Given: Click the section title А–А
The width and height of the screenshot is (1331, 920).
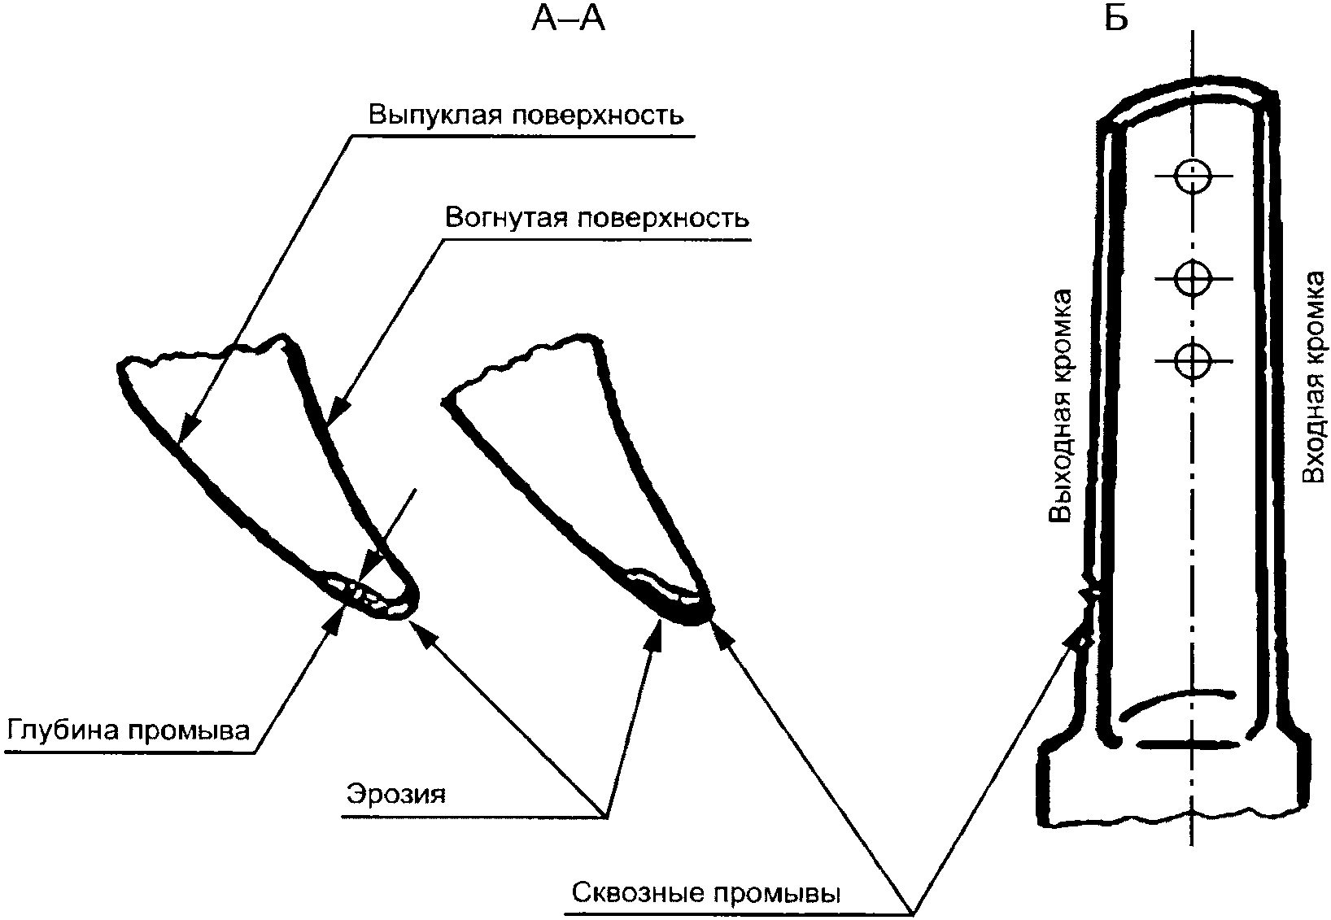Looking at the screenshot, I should pyautogui.click(x=568, y=18).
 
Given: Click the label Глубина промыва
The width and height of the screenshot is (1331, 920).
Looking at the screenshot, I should pyautogui.click(x=128, y=729).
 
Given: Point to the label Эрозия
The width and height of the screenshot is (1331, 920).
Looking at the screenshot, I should pyautogui.click(x=396, y=792).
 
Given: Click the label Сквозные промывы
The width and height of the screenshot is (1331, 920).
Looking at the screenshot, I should pyautogui.click(x=706, y=893).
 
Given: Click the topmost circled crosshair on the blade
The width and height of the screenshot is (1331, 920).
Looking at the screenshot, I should pyautogui.click(x=1194, y=176).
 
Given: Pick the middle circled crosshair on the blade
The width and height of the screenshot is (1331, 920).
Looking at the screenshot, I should pyautogui.click(x=1194, y=278).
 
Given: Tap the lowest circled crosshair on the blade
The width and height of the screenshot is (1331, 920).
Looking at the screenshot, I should pyautogui.click(x=1194, y=361).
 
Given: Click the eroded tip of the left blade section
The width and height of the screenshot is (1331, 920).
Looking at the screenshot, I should pyautogui.click(x=374, y=598).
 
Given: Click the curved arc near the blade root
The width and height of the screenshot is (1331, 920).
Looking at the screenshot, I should pyautogui.click(x=1176, y=701).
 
